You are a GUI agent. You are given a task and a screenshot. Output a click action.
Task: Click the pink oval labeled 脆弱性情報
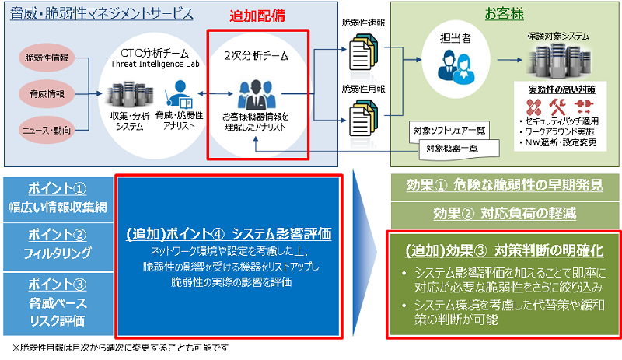click(x=45, y=57)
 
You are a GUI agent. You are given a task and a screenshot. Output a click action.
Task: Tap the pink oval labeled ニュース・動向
click(x=45, y=128)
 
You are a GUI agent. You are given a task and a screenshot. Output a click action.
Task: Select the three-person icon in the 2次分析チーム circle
click(x=257, y=93)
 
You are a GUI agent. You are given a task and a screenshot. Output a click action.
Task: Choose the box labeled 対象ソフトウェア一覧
click(x=450, y=130)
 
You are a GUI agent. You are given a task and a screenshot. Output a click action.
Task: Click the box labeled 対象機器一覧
click(x=451, y=148)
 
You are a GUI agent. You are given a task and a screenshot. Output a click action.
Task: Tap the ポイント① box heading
click(x=58, y=190)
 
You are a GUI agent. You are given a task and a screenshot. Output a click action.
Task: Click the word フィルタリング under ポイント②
click(x=58, y=253)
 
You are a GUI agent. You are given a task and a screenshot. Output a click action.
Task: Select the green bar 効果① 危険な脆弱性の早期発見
click(x=504, y=187)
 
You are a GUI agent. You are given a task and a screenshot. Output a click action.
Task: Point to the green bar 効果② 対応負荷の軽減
click(x=504, y=215)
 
